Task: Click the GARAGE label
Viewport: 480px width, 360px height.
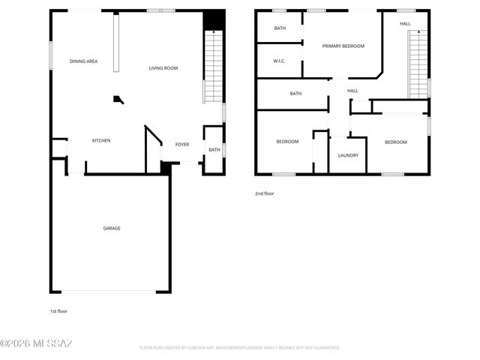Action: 112,228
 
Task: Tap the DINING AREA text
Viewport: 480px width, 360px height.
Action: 84,61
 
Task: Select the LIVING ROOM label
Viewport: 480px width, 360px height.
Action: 163,68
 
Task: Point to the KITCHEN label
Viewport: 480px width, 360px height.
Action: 101,140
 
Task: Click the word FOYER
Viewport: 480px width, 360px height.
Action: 182,144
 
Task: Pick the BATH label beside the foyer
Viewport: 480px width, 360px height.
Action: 214,149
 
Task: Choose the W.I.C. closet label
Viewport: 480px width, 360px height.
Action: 278,61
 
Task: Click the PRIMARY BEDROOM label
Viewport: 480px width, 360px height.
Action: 343,46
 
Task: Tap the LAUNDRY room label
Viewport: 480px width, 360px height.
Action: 347,155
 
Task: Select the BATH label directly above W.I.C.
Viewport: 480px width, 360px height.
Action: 280,28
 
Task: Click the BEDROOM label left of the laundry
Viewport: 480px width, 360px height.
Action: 287,142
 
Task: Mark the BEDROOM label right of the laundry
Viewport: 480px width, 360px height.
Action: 396,142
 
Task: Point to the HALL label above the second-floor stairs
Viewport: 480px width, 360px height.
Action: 405,23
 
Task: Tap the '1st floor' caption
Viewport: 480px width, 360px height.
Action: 59,310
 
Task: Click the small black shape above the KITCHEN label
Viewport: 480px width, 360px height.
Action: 118,98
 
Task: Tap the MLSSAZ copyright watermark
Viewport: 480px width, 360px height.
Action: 36,344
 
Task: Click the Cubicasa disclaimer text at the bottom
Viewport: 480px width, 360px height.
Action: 240,347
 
